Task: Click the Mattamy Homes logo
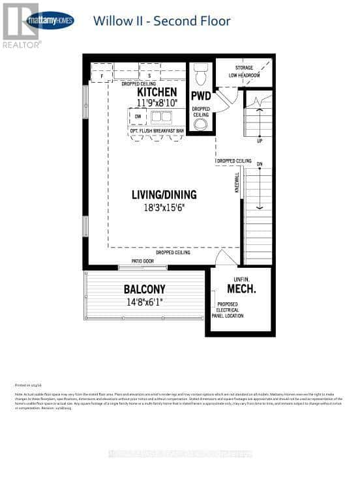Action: point(49,20)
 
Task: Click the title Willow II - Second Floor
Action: point(162,21)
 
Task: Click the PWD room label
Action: point(200,96)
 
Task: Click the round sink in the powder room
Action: point(200,124)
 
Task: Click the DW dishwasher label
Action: point(137,117)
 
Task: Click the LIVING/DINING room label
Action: point(164,194)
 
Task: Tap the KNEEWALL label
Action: point(237,182)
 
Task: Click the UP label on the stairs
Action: point(260,140)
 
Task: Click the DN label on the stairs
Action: point(259,164)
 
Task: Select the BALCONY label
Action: point(145,289)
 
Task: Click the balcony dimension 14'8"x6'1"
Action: point(145,301)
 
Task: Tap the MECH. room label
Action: point(241,288)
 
